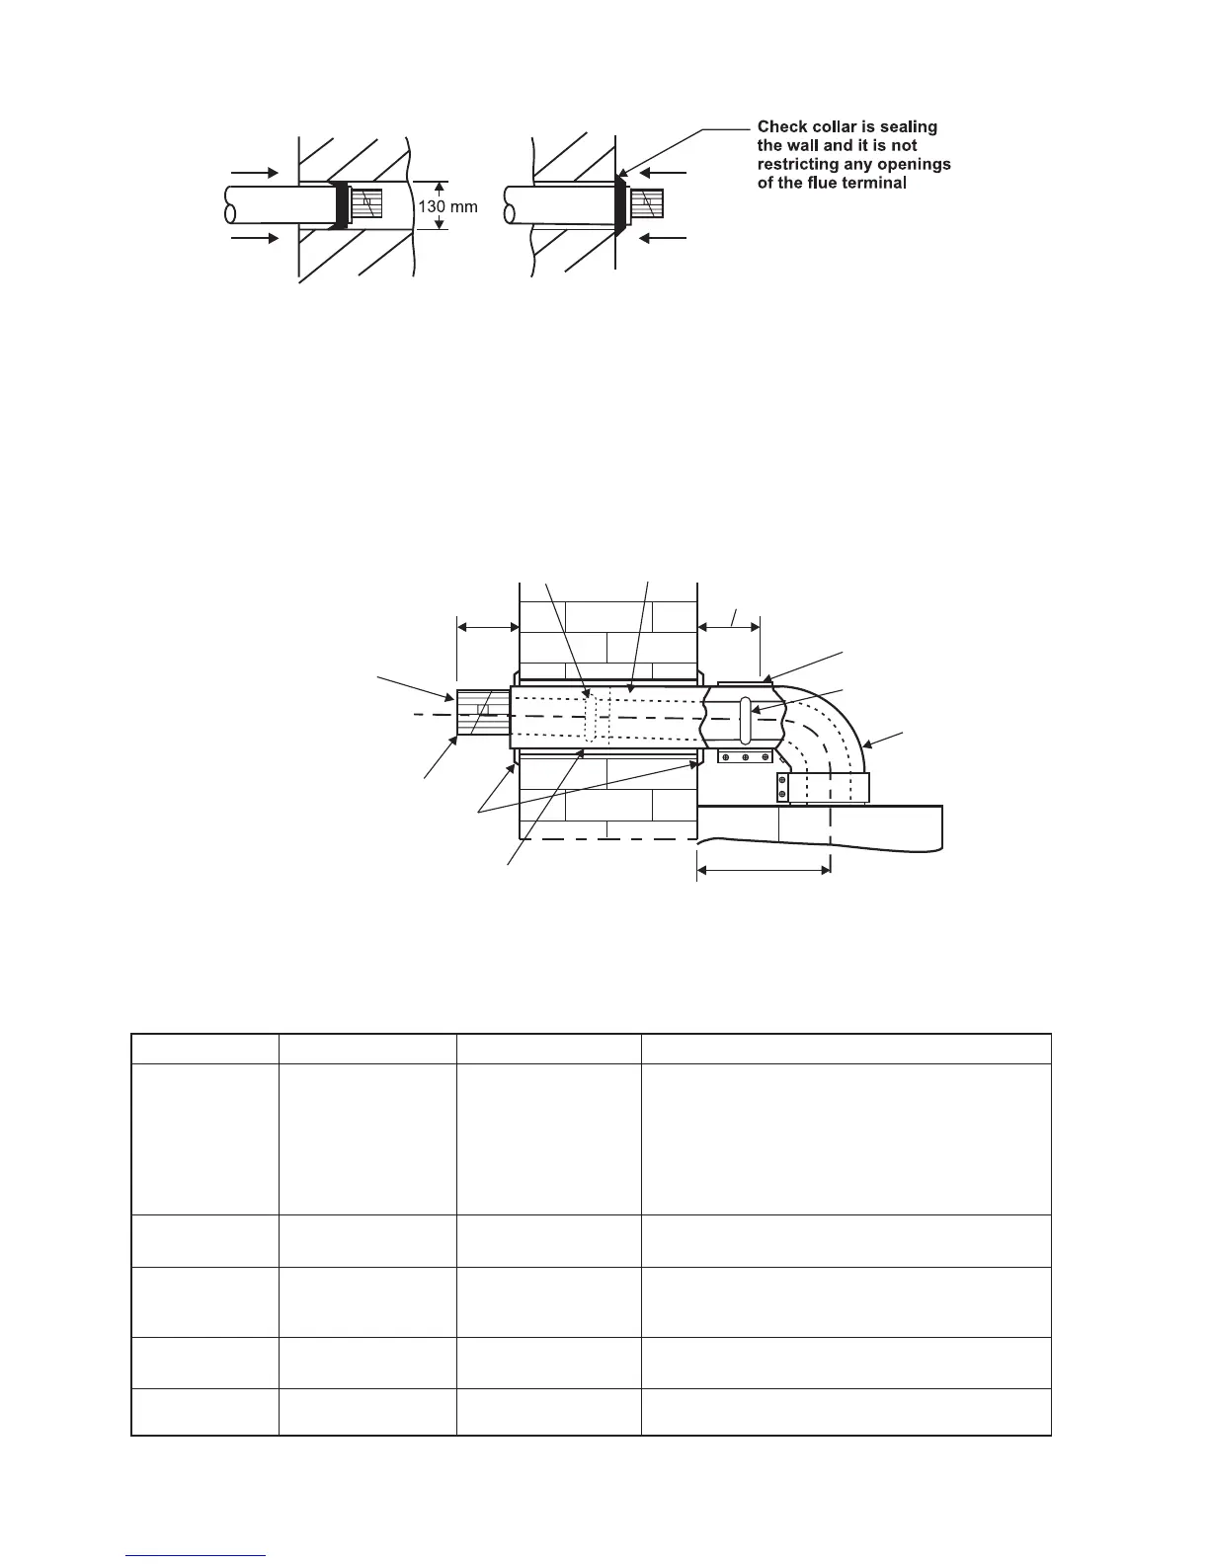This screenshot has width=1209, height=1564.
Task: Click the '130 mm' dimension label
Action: click(447, 207)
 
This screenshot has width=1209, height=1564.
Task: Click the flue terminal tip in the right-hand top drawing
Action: click(648, 206)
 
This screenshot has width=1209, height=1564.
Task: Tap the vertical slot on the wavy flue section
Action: click(745, 722)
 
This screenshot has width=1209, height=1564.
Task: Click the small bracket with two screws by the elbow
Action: click(782, 786)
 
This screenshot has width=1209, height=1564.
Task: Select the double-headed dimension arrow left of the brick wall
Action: click(488, 625)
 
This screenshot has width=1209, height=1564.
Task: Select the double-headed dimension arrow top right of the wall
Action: click(728, 625)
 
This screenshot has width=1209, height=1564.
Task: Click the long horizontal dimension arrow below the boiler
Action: click(764, 870)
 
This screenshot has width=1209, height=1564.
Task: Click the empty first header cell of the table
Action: click(204, 1049)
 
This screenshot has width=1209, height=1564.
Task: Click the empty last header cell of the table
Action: click(846, 1049)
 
